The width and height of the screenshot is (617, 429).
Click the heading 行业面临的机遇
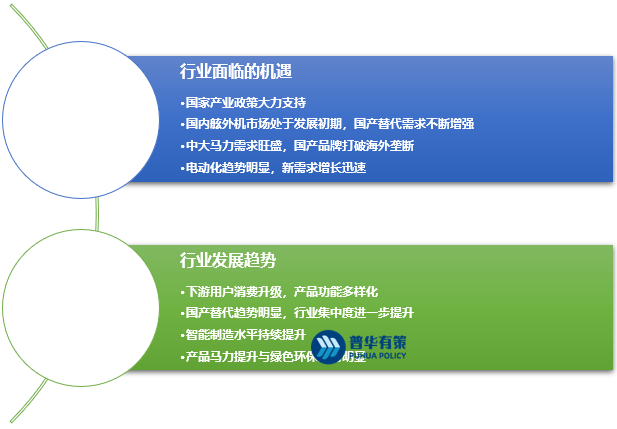click(234, 71)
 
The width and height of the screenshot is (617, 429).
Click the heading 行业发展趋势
click(227, 260)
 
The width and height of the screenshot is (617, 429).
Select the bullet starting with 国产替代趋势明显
click(296, 313)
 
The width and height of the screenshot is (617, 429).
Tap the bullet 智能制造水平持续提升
click(244, 335)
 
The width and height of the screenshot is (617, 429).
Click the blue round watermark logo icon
click(329, 346)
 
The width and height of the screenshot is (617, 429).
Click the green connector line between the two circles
click(97, 212)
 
